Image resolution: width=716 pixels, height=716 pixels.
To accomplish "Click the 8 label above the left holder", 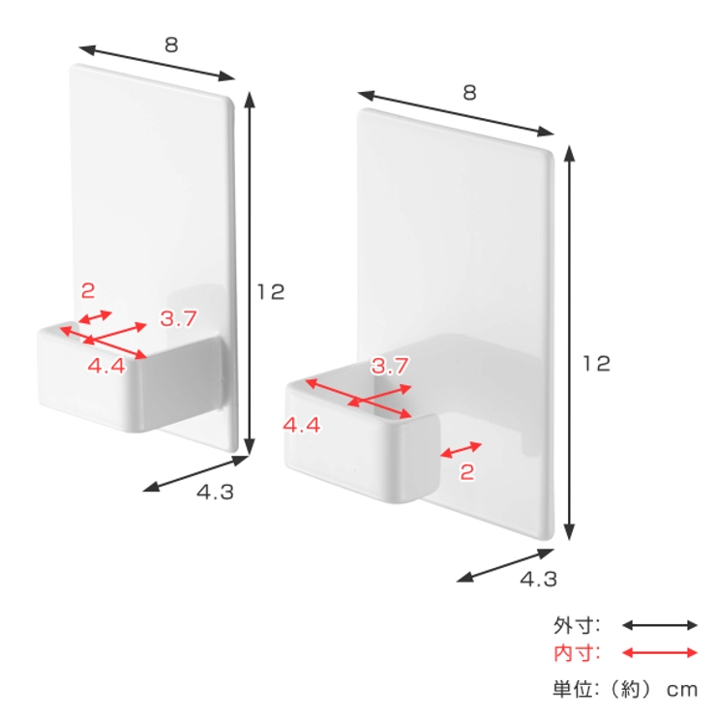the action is point(171,45).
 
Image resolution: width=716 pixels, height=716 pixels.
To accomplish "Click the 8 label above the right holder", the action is point(469,93).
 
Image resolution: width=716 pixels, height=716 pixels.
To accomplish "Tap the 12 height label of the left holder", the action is point(271,292).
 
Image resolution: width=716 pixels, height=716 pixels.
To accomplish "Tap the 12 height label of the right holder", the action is point(596,364).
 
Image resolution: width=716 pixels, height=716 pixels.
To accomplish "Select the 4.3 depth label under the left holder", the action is point(215,492).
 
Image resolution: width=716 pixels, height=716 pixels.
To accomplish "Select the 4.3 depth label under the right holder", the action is point(539,580).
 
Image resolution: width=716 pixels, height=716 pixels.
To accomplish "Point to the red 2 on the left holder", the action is point(88,291).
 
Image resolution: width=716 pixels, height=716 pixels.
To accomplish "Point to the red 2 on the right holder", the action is point(466,472).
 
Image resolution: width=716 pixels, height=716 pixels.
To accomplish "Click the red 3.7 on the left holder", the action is point(178,318).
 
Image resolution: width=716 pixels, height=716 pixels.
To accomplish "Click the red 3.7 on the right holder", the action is point(390,366).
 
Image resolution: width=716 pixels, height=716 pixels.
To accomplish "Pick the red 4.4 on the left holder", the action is point(106,366).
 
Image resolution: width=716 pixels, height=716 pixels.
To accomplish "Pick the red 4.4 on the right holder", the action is point(301,425).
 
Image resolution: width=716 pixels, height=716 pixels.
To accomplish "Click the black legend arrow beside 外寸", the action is point(660,625).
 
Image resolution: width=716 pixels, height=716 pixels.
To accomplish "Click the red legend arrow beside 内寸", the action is point(660,653).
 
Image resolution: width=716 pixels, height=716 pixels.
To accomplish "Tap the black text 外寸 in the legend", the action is point(570,625).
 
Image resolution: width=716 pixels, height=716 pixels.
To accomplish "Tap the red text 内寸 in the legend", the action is point(570,653).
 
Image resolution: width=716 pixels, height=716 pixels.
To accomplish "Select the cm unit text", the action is point(682,690).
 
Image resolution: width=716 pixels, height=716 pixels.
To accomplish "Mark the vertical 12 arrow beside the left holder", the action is point(250,273).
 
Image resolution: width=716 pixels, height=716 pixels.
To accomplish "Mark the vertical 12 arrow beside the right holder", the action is point(569,343).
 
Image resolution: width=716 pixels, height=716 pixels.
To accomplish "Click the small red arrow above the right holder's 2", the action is point(461,450).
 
